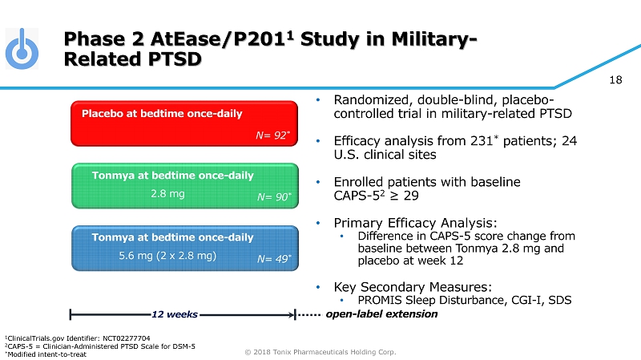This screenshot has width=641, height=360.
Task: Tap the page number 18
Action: [x=615, y=79]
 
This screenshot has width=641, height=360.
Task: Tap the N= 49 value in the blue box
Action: [x=273, y=258]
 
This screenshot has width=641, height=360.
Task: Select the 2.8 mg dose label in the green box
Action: [x=167, y=193]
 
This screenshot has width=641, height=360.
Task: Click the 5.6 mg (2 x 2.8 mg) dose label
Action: [x=167, y=256]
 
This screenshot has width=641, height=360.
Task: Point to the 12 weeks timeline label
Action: [x=175, y=314]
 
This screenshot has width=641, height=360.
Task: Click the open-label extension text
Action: [x=382, y=314]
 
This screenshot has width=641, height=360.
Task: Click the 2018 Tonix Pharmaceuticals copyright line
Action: [x=320, y=351]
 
